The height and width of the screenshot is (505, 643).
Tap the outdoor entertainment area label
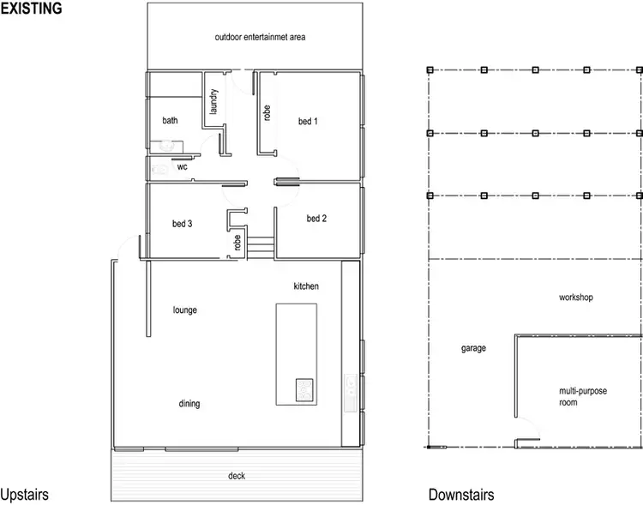pos(260,38)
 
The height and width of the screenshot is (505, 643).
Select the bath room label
pos(171,121)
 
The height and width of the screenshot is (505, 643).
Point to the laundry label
pos(213,104)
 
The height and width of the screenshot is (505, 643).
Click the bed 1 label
pos(308,121)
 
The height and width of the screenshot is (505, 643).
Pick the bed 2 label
pos(316,219)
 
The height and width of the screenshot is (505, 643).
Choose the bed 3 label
pos(182,224)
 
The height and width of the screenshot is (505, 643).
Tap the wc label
pos(182,167)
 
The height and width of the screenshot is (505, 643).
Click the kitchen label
pos(306,286)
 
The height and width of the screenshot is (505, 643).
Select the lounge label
pos(184,310)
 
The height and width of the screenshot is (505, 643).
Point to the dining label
pos(189,404)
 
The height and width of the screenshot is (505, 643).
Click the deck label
pos(237,476)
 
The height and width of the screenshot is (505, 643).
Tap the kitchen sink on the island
pos(304,390)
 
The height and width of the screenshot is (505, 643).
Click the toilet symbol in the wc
pos(160,169)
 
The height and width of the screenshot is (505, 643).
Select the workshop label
pos(576,298)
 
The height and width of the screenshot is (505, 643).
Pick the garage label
pos(473,348)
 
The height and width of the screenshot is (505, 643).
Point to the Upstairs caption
pos(24,496)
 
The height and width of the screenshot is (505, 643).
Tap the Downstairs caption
pos(461,496)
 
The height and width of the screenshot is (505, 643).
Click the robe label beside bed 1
pos(267,112)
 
